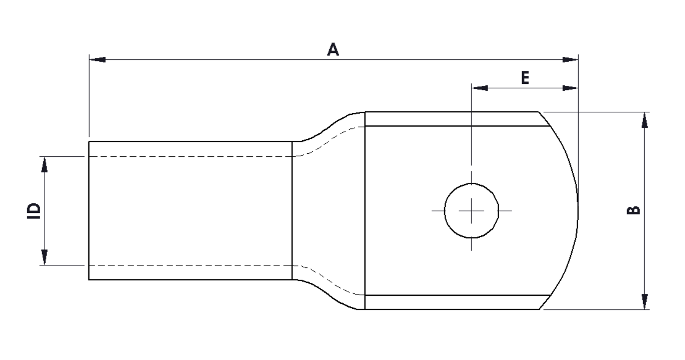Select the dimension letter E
525,77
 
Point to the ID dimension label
35,211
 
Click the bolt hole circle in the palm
471,211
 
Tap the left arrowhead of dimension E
479,88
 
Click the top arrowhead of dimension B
645,120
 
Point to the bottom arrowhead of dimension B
645,301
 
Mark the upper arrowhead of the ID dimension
44,165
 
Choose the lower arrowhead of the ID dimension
44,257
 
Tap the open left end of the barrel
89,211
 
